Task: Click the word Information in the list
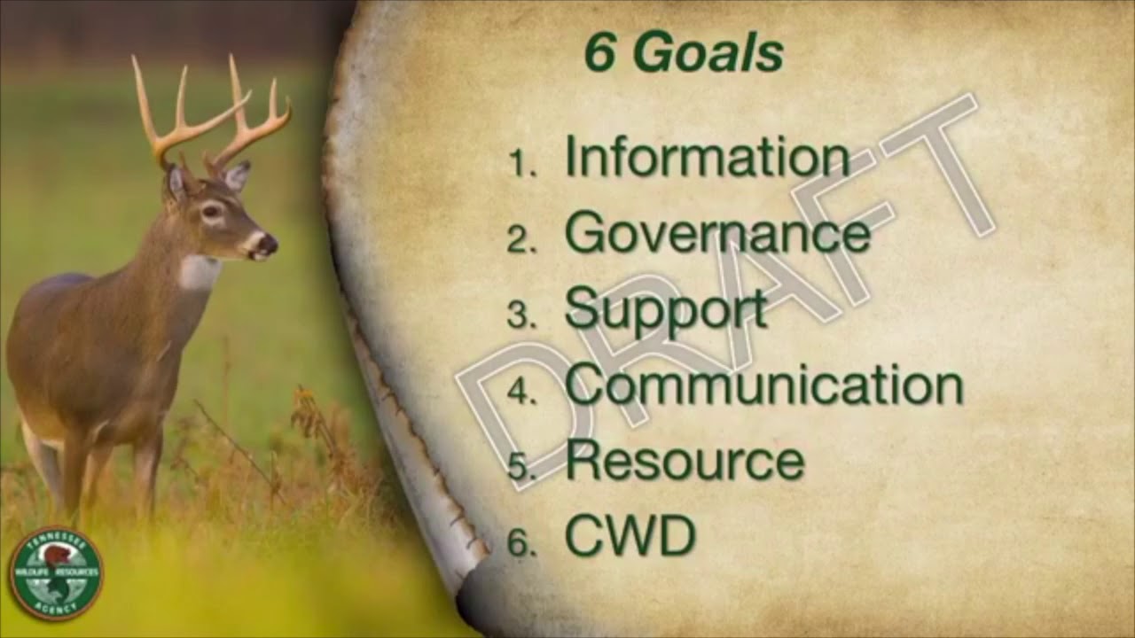(707, 157)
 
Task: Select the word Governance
(717, 233)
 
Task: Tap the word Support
(665, 309)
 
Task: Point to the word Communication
(763, 385)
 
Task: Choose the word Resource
(685, 462)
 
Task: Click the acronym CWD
(630, 537)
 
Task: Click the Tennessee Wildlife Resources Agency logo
(56, 572)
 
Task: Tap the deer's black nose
(267, 244)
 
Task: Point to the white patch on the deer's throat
(199, 271)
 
